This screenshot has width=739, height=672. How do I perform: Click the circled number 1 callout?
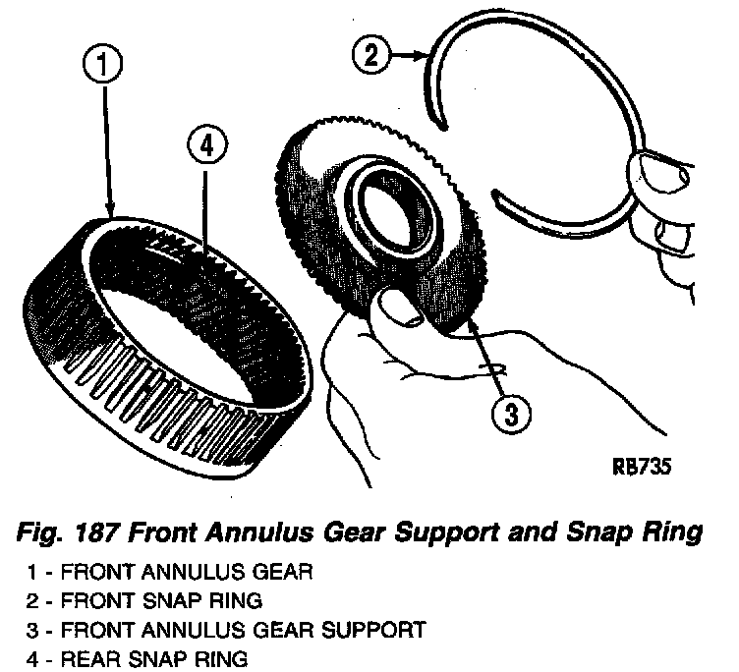pyautogui.click(x=101, y=67)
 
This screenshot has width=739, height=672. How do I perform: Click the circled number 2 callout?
pyautogui.click(x=369, y=56)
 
